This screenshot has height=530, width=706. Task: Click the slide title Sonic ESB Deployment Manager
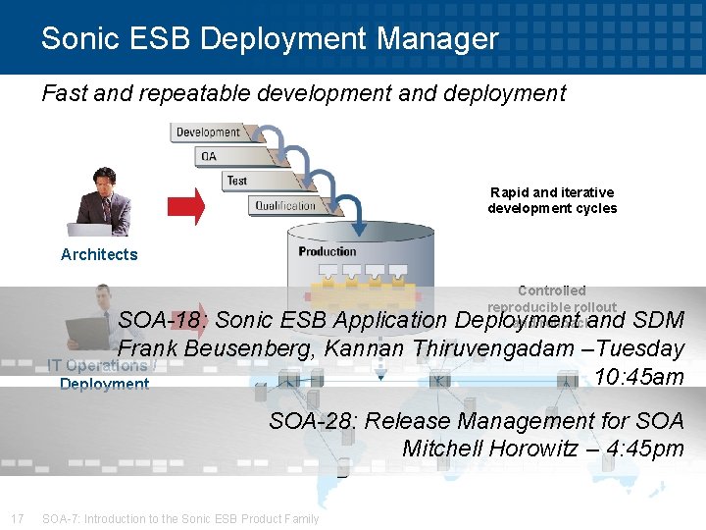point(270,39)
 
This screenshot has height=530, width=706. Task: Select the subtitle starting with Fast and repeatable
point(304,93)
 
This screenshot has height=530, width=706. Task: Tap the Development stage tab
point(207,132)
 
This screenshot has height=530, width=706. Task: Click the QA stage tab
point(209,156)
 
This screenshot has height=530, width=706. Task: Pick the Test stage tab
point(237,181)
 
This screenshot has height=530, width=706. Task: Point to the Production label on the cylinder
point(328,251)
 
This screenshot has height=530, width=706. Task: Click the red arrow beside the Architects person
point(186,205)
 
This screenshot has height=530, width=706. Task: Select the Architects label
point(99,254)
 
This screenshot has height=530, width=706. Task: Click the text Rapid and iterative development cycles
point(552,200)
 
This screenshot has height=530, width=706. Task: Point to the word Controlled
point(552,291)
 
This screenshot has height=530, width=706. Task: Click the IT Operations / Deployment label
point(102,375)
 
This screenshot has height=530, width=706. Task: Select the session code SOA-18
point(161,320)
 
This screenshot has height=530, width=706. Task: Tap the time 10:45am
point(638,378)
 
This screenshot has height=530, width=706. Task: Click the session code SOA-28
point(312,421)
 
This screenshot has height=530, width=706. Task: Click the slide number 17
point(17,518)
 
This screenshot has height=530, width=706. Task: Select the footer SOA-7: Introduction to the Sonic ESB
point(180,518)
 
